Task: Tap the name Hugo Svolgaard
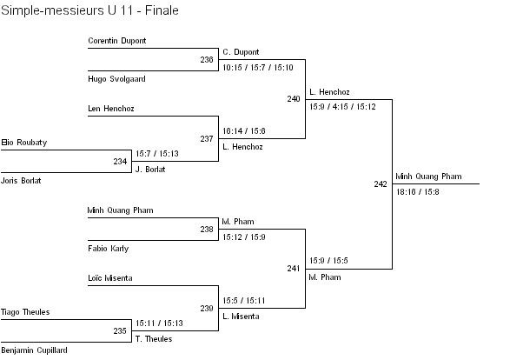116,78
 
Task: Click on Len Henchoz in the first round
111,109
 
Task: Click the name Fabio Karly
108,248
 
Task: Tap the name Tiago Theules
25,312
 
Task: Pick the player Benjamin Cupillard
34,350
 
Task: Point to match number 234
120,161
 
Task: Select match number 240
294,99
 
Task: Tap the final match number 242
381,184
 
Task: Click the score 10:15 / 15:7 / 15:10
258,67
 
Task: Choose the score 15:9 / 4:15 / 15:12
342,107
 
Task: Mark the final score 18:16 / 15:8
418,191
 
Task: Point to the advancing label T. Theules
155,339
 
